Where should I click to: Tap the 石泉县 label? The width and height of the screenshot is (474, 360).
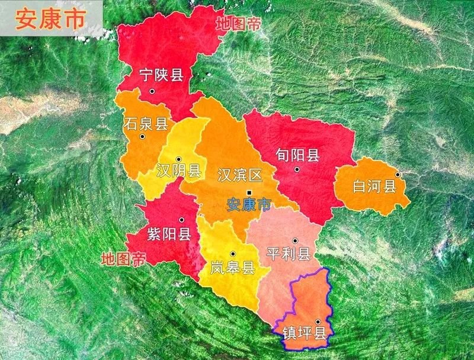[x=146, y=124]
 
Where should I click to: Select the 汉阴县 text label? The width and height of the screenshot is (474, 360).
[x=179, y=171]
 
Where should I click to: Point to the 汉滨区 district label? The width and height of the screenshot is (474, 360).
[x=240, y=175]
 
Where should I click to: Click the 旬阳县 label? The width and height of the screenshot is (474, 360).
[x=297, y=156]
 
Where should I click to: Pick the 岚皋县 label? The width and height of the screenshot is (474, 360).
[x=233, y=268]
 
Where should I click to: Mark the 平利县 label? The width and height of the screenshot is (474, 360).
[x=289, y=255]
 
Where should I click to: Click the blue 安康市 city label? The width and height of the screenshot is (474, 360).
[x=249, y=205]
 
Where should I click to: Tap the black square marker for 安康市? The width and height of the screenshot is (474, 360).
[x=249, y=193]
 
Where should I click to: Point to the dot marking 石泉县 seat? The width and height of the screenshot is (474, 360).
[x=142, y=137]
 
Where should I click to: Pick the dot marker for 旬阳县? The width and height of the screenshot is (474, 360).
[x=297, y=169]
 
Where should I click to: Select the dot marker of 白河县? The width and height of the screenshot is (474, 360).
[x=398, y=175]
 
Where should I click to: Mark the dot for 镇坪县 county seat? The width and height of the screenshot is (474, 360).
[x=318, y=322]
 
